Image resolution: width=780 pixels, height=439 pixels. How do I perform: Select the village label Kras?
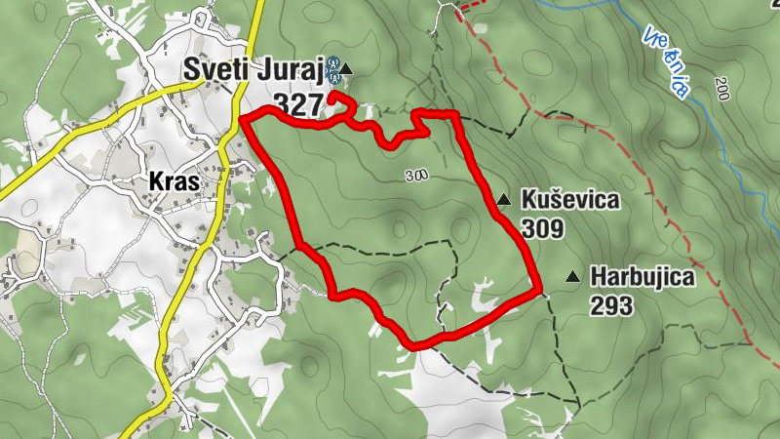175,182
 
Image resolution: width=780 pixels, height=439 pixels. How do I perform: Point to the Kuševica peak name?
570,200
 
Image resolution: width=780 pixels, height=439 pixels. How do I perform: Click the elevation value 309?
543,229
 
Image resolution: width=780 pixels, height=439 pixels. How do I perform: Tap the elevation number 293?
611,306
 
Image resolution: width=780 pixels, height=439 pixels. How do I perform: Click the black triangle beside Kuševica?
503,200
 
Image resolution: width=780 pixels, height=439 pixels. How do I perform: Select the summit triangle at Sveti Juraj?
346,69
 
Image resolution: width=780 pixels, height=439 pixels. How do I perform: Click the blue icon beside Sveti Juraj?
333,67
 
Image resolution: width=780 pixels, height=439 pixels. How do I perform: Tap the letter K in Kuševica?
528,200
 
